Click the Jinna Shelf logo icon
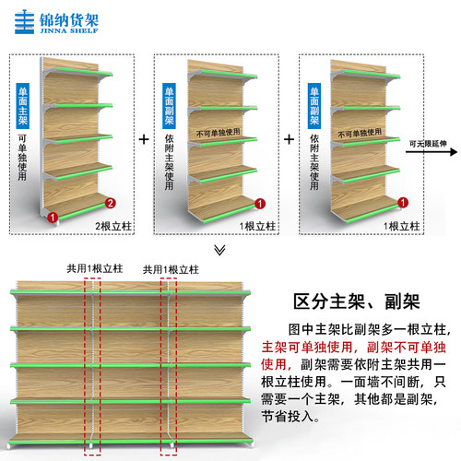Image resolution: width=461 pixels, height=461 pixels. point(24,22)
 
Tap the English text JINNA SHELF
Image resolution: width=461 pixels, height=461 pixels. point(69,30)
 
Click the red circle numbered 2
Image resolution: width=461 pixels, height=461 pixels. point(111,203)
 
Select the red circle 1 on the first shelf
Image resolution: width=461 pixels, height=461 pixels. point(53,217)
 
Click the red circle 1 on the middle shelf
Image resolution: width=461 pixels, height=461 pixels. point(260,204)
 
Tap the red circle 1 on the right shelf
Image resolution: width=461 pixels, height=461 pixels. point(403,203)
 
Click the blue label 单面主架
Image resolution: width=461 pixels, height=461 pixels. point(23,106)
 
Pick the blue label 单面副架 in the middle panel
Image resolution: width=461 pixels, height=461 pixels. point(169,106)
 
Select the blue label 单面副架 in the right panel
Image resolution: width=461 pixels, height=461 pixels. point(314,106)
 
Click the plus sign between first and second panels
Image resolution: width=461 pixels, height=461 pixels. point(144,139)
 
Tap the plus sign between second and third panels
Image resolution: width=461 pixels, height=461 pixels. point(289,139)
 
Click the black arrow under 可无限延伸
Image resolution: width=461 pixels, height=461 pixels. point(431,152)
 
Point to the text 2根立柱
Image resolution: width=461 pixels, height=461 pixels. point(113,227)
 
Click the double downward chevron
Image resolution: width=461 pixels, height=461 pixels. point(219,250)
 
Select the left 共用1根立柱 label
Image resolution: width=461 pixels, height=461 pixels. point(95,268)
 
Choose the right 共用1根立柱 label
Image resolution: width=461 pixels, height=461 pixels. point(171,270)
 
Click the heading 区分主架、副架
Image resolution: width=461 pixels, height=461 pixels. point(356,301)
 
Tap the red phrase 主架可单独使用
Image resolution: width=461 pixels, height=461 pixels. point(307,348)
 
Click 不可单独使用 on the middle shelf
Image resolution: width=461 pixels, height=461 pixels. point(219,133)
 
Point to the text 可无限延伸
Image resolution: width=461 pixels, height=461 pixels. point(428,144)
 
